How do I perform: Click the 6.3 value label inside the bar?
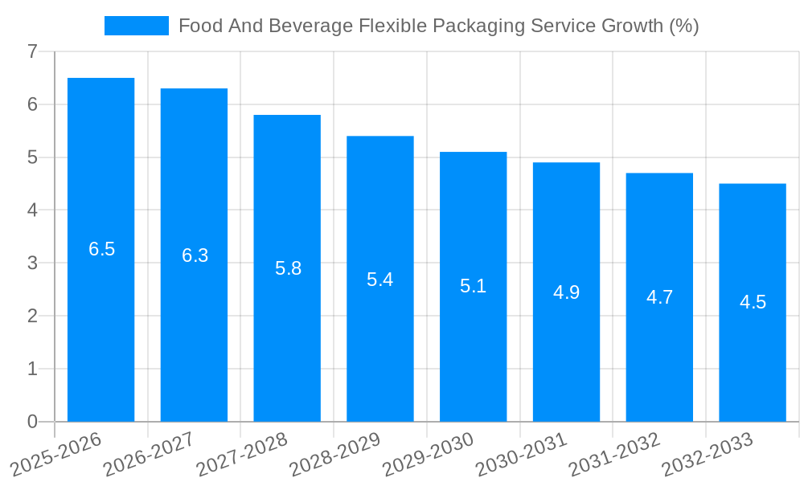[x=195, y=255]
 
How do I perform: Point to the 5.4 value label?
[x=379, y=280]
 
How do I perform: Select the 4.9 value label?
[x=566, y=292]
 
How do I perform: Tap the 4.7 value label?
[x=659, y=297]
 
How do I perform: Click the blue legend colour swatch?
[x=137, y=26]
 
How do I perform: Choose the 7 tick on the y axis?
[x=32, y=52]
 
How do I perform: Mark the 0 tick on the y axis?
[x=32, y=422]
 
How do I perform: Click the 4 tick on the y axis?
[x=32, y=210]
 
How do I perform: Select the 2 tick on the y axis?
[x=32, y=316]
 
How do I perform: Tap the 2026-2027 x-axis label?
[x=149, y=453]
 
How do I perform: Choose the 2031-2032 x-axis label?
[x=614, y=453]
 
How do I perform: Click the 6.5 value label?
[x=101, y=249]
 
